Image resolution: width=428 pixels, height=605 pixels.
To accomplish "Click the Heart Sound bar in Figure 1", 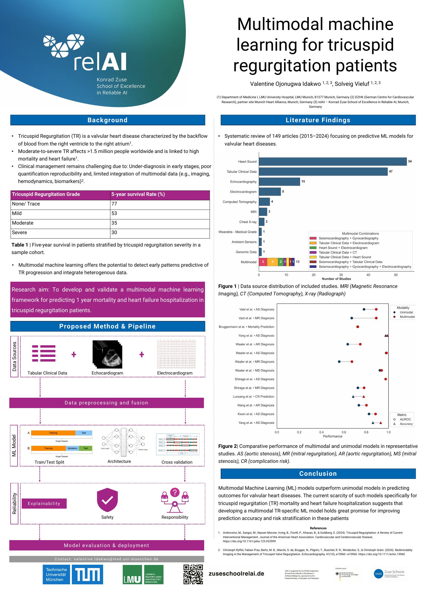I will coord(333,162).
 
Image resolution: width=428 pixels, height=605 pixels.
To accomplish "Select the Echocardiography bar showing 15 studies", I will coord(279,182).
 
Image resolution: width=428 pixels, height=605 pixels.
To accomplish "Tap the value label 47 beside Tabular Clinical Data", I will coord(391,171).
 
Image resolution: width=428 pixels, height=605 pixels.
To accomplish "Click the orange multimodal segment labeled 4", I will coord(272,262).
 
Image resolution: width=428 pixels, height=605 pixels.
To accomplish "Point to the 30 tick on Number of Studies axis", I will coord(341,275).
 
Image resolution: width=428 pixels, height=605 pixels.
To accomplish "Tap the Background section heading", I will coord(108,120).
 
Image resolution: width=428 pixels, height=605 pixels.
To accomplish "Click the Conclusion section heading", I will coord(318,473).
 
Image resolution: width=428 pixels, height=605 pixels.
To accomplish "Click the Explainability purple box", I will coord(44,503).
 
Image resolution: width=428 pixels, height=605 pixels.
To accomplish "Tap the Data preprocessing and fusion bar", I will coord(106,403).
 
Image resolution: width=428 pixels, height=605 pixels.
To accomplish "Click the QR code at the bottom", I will coord(193,575).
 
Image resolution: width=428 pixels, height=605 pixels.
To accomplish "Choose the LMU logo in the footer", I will coord(143,575).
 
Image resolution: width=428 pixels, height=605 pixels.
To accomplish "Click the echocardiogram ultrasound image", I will coord(108,354).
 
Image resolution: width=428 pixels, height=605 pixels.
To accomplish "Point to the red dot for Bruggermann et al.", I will coord(358,327).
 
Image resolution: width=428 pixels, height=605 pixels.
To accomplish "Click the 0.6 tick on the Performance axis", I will coord(344,432).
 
